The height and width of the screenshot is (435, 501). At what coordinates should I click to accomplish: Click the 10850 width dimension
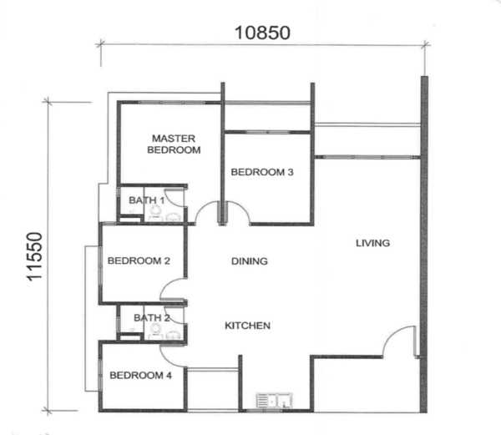pos(262,33)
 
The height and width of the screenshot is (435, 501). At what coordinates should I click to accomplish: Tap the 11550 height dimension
pos(35,257)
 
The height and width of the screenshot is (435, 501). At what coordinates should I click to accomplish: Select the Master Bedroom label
pos(174,144)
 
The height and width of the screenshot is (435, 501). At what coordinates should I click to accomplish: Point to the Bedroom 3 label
pos(262,172)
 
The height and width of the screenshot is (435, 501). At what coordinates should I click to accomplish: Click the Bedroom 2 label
pos(139,260)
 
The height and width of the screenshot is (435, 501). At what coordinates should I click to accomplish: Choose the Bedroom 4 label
pos(140,375)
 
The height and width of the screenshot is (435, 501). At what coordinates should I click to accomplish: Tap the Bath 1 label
pos(147,200)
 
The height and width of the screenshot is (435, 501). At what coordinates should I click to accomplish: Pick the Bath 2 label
pos(152,318)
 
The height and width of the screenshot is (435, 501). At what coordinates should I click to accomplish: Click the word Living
pos(373,243)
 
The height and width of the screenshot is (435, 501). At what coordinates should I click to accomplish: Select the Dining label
pos(250,261)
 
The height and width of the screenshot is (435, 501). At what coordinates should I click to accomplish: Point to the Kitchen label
pos(248,326)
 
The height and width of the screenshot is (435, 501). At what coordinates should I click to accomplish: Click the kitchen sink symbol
pos(274,401)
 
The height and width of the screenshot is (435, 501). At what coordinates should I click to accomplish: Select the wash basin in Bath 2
pos(173,336)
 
